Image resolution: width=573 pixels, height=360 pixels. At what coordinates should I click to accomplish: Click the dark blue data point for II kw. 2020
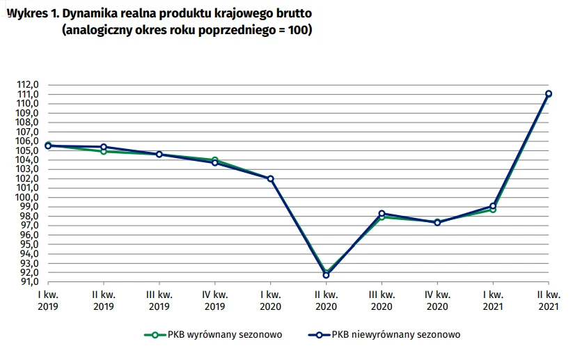click(x=326, y=275)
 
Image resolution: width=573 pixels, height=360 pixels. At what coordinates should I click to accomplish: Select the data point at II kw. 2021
click(x=549, y=93)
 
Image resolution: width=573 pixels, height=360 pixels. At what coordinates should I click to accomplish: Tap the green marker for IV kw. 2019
click(x=215, y=161)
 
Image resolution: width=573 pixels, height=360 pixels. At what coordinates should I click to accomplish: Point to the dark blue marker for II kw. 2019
click(x=104, y=147)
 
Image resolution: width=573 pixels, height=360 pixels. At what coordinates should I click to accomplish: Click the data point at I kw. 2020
click(x=271, y=179)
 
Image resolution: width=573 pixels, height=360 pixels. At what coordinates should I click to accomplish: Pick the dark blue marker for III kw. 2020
click(x=382, y=214)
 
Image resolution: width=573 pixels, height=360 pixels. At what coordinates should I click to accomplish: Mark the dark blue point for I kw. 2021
click(x=493, y=206)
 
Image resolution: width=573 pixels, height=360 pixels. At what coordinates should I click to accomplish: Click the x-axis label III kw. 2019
click(x=159, y=299)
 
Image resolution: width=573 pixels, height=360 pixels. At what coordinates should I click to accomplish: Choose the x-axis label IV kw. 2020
click(x=437, y=299)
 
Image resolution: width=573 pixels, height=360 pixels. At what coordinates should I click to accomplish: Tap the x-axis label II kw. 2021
click(x=549, y=299)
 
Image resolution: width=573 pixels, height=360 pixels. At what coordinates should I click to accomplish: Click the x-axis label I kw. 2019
click(x=48, y=299)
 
